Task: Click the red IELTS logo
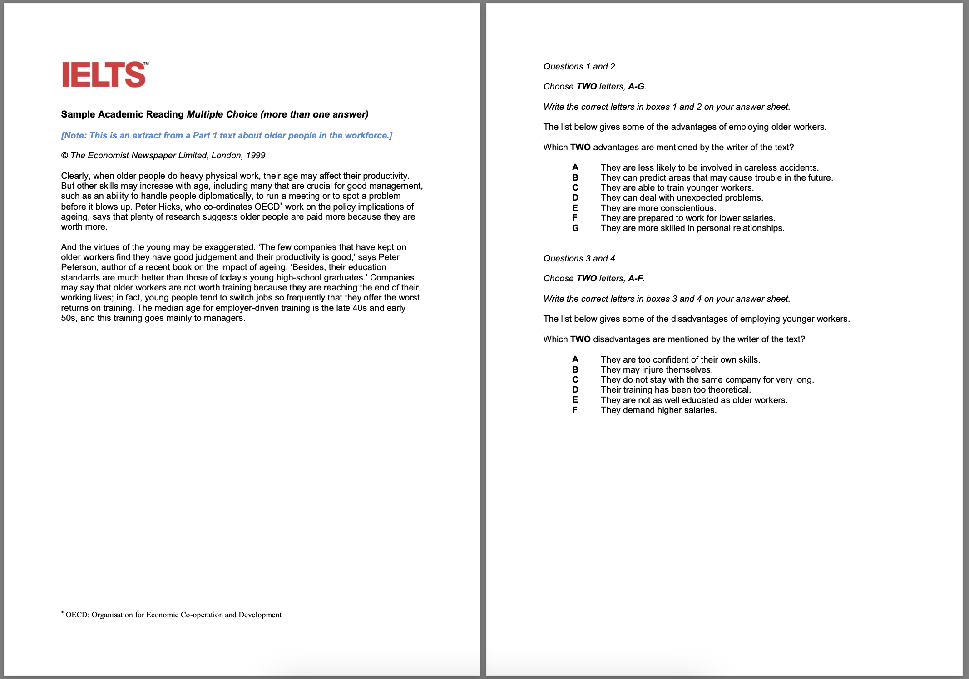104,75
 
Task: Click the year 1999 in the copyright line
256,156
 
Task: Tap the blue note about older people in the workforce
227,136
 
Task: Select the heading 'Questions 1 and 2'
579,67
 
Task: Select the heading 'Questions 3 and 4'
579,259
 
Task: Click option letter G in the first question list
575,228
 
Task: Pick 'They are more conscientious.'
658,208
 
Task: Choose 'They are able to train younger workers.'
677,188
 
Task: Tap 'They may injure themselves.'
657,370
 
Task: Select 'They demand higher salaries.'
658,410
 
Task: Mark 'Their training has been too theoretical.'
676,390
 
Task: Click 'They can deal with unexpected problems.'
682,198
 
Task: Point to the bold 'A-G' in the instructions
636,87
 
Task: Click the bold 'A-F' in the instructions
635,279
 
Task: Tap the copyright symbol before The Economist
64,156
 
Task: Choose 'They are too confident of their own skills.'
680,360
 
